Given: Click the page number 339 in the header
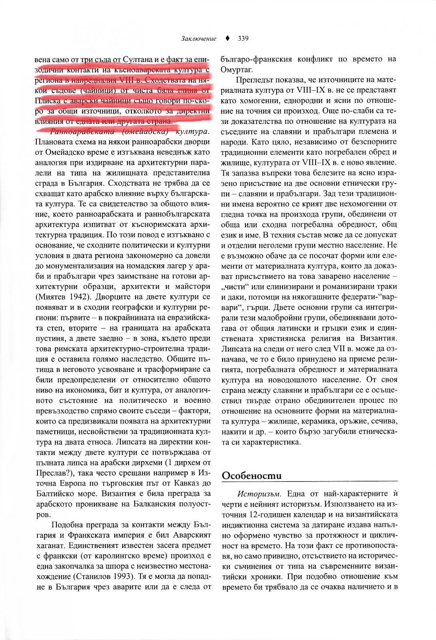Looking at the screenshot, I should pyautogui.click(x=243, y=39).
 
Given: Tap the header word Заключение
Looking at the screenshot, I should pyautogui.click(x=199, y=39).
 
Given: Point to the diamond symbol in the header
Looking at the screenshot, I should pyautogui.click(x=227, y=39).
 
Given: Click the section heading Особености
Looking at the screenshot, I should pyautogui.click(x=252, y=476).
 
